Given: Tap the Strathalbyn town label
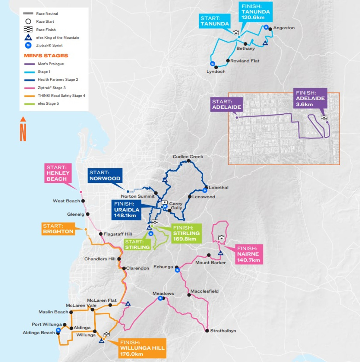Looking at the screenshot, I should point(223,331).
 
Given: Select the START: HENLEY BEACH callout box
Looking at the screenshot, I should point(58,173).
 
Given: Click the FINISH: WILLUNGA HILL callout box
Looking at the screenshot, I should point(142,348).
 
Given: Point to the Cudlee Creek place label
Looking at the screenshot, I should point(188,157).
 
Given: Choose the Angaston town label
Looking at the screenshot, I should point(284,28).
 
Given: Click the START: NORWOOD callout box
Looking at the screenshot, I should point(105,176).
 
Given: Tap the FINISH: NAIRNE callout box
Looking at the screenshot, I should point(248,254).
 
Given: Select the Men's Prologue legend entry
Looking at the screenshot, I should point(51,64).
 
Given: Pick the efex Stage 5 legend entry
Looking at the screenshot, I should point(48,103).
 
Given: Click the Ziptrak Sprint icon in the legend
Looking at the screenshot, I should point(28,45).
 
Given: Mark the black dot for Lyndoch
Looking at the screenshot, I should point(216,68).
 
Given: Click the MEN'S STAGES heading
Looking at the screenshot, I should point(46,56).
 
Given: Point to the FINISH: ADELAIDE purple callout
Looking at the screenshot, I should point(310,99).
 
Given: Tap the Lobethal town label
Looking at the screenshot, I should point(219,187).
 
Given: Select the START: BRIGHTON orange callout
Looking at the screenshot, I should point(58,229).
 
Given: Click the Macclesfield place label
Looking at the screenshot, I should point(204,291).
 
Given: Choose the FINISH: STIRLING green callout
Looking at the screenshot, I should point(186,233).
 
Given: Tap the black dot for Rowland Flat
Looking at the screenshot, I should point(228,61).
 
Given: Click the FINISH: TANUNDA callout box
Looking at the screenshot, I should point(256,12).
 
